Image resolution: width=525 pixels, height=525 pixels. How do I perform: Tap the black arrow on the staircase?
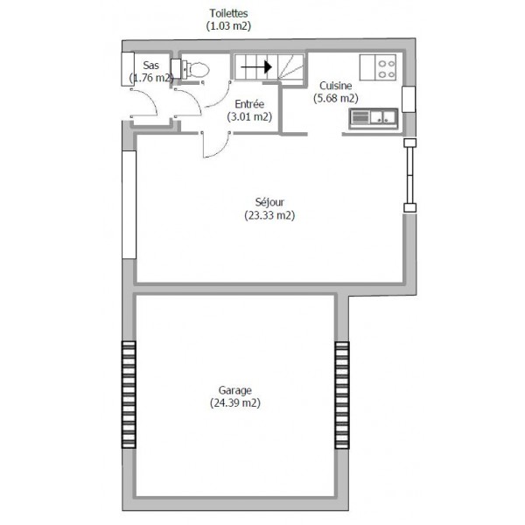pos(256,66)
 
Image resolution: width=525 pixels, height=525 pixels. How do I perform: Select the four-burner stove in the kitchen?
pos(378,67)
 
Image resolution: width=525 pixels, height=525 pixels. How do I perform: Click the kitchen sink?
pos(374,118)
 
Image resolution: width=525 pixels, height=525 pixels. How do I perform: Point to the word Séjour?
pos(269,202)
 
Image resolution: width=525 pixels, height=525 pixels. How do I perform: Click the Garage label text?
pos(235,390)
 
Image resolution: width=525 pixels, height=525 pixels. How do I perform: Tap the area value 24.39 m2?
pos(235,402)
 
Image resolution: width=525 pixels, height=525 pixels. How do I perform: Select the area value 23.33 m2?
pos(269,215)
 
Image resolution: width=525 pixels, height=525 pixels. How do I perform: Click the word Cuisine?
pos(335,86)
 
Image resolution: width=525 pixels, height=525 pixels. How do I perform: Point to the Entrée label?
pos(249,104)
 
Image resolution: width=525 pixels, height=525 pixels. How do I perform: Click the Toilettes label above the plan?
pos(228,13)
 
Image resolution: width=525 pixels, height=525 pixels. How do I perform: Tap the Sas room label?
pos(151,65)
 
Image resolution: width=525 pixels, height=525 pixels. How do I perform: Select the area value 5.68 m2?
pos(336,98)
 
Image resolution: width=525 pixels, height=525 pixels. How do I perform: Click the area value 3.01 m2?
pos(249,117)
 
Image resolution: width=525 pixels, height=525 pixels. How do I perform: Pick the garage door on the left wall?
pos(129,395)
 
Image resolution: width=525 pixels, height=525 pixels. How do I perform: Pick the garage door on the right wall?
pos(342,395)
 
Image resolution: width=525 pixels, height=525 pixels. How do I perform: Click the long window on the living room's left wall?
pos(129,205)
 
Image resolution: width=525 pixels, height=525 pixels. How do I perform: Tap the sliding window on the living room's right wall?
pos(409,175)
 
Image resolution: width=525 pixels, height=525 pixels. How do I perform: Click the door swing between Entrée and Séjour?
pos(216,144)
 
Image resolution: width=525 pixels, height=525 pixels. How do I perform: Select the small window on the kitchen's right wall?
pos(409,99)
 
